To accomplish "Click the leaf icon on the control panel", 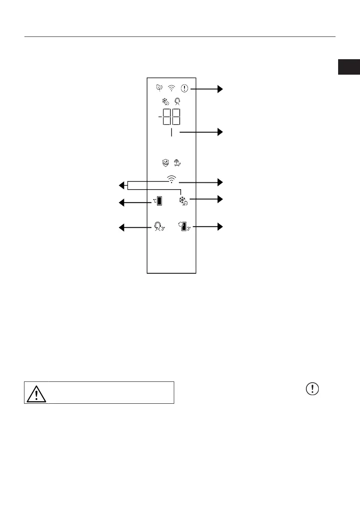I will (159, 88).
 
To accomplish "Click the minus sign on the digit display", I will (160, 117).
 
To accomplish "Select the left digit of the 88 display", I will (167, 117).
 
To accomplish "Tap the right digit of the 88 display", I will (175, 117).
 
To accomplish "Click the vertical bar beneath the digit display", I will (171, 133).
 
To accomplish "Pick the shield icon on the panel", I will (165, 163).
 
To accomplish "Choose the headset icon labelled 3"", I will (158, 227).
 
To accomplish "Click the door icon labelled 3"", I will (185, 226).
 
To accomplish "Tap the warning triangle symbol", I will (36, 392).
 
